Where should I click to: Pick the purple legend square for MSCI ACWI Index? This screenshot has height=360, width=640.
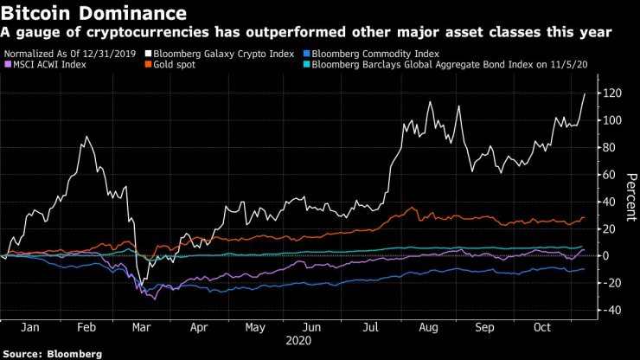9,63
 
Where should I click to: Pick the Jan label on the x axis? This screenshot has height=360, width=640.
30,328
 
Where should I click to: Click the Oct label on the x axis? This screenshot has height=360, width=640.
542,328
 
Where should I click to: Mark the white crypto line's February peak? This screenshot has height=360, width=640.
86,137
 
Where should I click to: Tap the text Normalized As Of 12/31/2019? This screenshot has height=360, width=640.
74,52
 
